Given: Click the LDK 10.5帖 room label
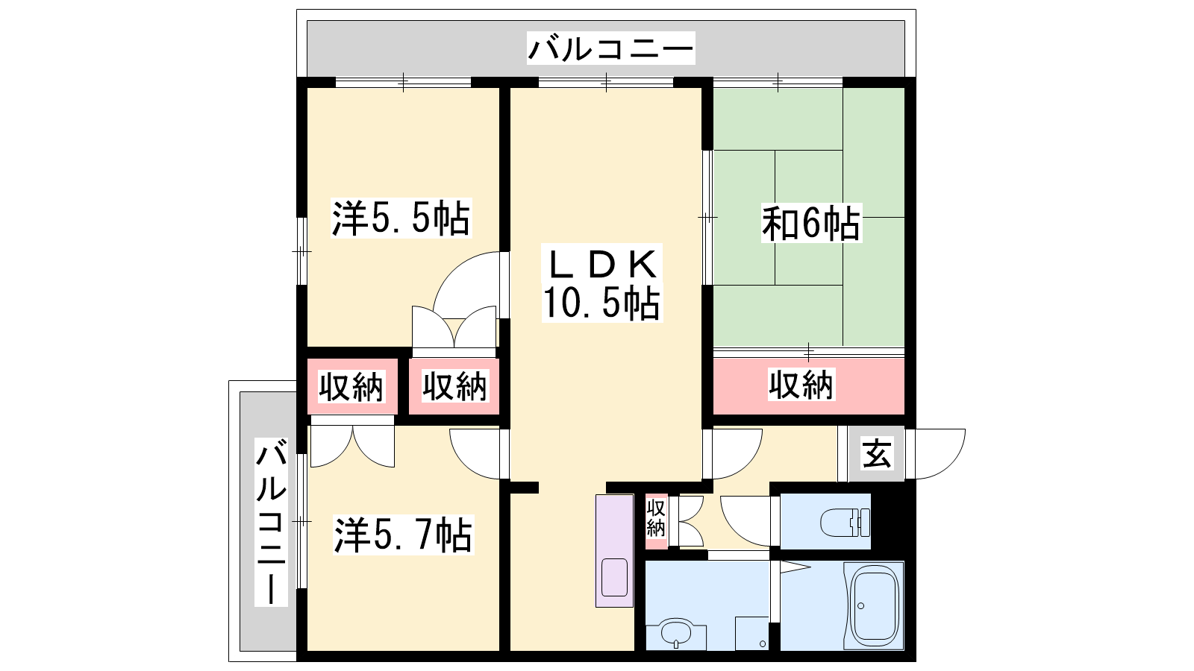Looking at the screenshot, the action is (601, 283).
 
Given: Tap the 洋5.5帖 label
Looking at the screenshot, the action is (401, 218).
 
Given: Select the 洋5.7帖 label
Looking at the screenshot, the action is (403, 535).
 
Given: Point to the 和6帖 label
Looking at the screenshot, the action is (810, 223).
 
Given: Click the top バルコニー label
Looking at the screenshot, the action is (611, 48).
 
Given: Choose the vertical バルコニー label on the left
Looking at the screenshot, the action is (272, 523).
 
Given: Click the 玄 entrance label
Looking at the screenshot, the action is (877, 454).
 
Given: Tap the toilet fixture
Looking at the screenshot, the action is (845, 523).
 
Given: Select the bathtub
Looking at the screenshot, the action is (873, 605).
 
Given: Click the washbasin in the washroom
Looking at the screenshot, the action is (676, 633).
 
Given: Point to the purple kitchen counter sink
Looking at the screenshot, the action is (614, 577).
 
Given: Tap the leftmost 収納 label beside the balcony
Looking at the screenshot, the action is (351, 387).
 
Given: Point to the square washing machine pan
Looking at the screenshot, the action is (751, 633).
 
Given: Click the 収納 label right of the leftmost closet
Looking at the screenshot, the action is (454, 386).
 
